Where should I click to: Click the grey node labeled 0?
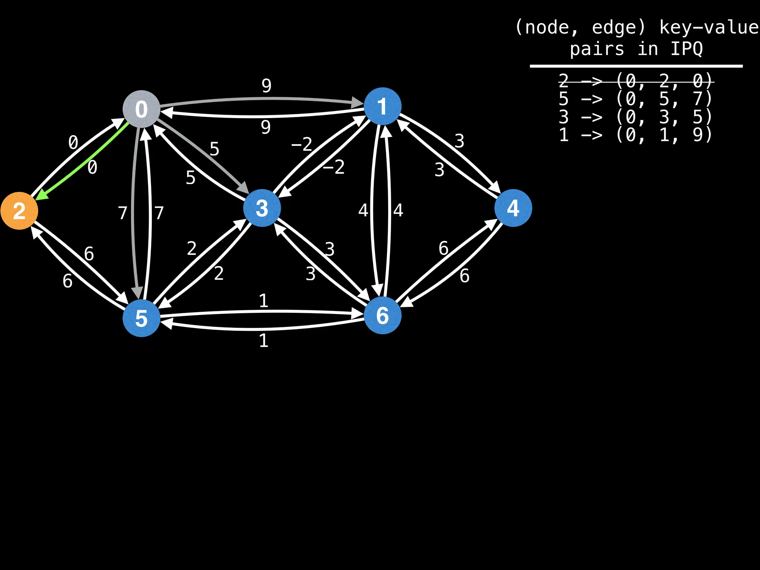pyautogui.click(x=141, y=109)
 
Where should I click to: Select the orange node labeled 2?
pyautogui.click(x=19, y=211)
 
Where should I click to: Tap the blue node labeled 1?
pyautogui.click(x=383, y=106)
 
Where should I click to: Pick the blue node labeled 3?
pyautogui.click(x=262, y=208)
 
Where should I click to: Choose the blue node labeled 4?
pyautogui.click(x=513, y=208)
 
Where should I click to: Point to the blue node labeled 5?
pyautogui.click(x=141, y=318)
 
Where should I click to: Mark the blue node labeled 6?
pyautogui.click(x=383, y=315)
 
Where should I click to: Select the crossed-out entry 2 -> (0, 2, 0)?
pyautogui.click(x=635, y=81)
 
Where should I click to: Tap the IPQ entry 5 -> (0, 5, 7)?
pyautogui.click(x=635, y=99)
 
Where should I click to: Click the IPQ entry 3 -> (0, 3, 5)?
pyautogui.click(x=635, y=117)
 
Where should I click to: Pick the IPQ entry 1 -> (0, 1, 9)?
pyautogui.click(x=635, y=135)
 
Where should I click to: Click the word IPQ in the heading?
pyautogui.click(x=687, y=49)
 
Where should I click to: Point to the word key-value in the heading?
pyautogui.click(x=709, y=27)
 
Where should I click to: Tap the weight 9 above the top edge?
pyautogui.click(x=266, y=86)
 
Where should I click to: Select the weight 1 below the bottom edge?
pyautogui.click(x=263, y=341)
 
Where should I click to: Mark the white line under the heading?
pyautogui.click(x=636, y=66)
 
